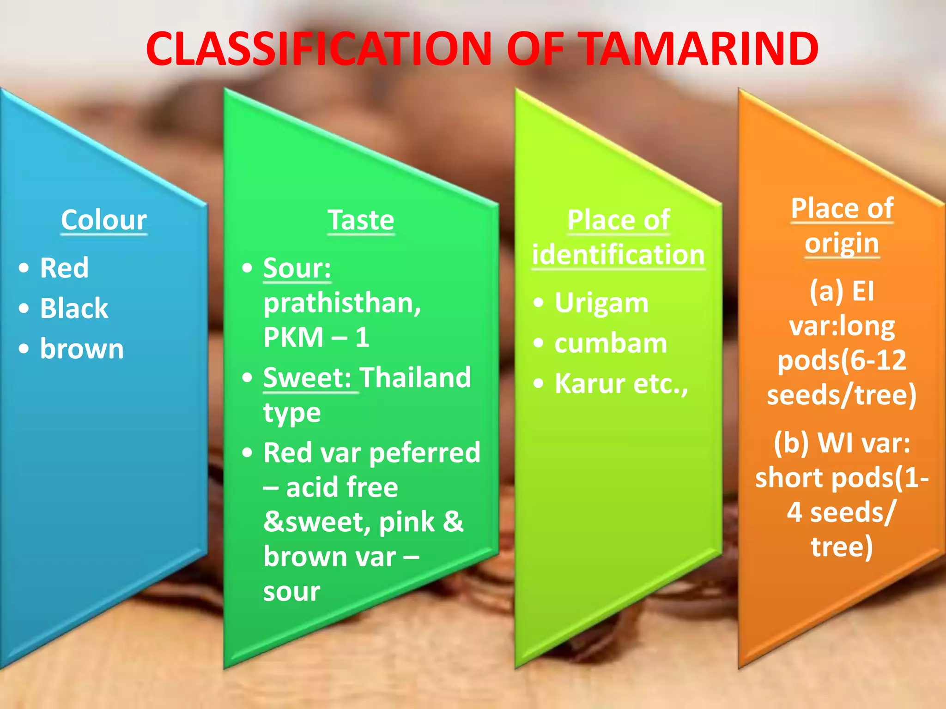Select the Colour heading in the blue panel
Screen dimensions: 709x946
click(x=104, y=220)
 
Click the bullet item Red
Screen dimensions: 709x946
click(x=64, y=268)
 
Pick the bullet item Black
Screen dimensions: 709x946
click(x=74, y=308)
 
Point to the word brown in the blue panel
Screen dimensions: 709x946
click(x=82, y=349)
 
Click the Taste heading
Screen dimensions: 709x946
click(x=361, y=220)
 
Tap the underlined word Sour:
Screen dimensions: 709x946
click(x=297, y=268)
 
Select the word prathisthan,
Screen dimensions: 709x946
click(x=342, y=303)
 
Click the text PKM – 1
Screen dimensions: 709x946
click(x=316, y=337)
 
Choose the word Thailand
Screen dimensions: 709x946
click(x=415, y=378)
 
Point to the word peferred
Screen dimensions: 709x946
click(x=425, y=453)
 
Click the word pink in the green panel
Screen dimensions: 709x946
click(x=406, y=522)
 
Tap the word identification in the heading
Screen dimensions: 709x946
click(x=618, y=255)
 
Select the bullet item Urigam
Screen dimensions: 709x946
click(x=601, y=303)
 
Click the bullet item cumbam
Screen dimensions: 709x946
click(x=611, y=344)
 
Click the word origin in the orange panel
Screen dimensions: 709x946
click(x=842, y=243)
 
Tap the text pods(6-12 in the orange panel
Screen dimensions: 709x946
click(x=842, y=361)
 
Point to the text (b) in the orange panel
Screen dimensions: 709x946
click(x=791, y=443)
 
